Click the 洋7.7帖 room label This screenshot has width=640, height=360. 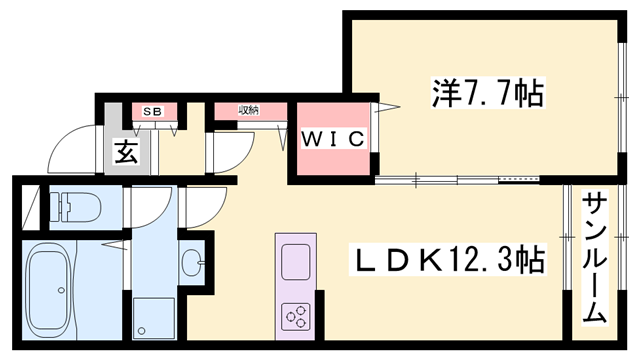(x=488, y=95)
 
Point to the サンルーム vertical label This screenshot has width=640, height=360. (x=593, y=256)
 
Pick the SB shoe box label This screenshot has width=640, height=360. (x=154, y=110)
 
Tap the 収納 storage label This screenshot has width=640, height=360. (x=248, y=109)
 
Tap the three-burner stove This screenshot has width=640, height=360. (x=297, y=316)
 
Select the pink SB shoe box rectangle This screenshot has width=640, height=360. (x=156, y=111)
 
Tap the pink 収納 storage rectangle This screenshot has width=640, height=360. (x=248, y=110)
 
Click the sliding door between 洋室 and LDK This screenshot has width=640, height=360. (x=460, y=181)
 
